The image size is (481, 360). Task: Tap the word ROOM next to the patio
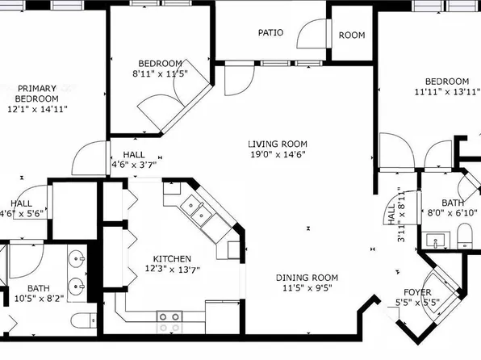click(x=352, y=35)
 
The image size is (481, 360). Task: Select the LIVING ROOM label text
click(x=277, y=144)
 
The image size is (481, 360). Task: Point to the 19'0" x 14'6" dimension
click(x=277, y=155)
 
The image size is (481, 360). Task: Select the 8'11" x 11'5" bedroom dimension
click(x=160, y=73)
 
